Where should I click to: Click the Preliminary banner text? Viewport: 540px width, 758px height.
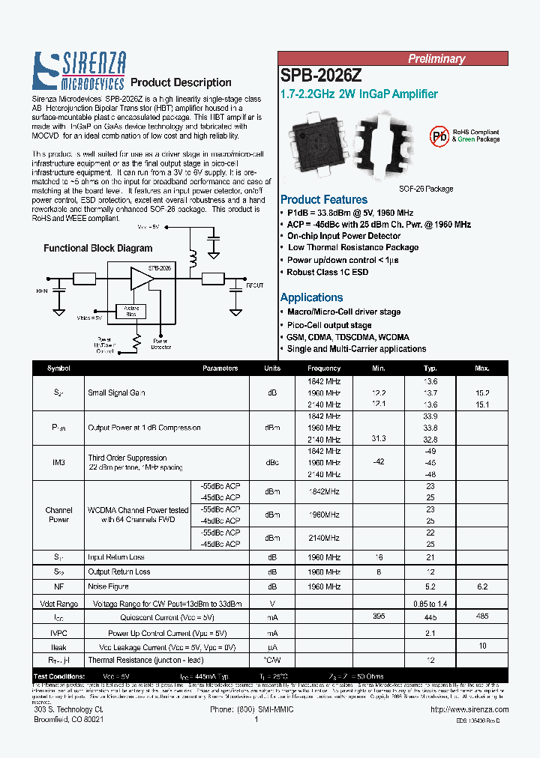pyautogui.click(x=436, y=58)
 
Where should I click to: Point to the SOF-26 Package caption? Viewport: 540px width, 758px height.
pyautogui.click(x=426, y=189)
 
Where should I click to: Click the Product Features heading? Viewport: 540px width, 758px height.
pyautogui.click(x=323, y=200)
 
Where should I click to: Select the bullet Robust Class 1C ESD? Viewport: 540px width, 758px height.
pyautogui.click(x=327, y=273)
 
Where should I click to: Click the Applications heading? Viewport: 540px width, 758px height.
pyautogui.click(x=311, y=297)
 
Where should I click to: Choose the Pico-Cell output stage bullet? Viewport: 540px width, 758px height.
pyautogui.click(x=329, y=325)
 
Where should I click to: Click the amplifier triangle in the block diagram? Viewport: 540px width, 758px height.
pyautogui.click(x=140, y=279)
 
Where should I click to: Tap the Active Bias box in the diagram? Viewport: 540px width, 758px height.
pyautogui.click(x=131, y=311)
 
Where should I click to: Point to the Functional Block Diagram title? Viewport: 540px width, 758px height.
pyautogui.click(x=97, y=248)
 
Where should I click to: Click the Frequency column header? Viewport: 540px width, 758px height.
pyautogui.click(x=324, y=369)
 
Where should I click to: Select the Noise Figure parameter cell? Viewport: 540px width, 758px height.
pyautogui.click(x=109, y=586)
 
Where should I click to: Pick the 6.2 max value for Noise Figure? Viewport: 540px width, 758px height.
pyautogui.click(x=481, y=586)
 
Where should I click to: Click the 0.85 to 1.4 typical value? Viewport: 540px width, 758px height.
pyautogui.click(x=430, y=603)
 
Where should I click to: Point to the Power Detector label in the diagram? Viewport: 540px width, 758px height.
pyautogui.click(x=160, y=344)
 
